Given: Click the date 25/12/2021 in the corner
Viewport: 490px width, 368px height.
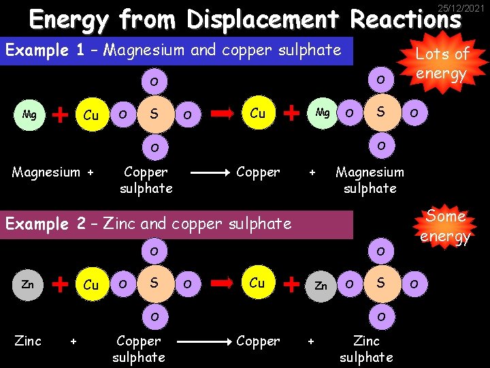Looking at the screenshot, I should pos(461,7).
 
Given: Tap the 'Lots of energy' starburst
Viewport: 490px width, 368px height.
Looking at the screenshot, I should pos(442,63).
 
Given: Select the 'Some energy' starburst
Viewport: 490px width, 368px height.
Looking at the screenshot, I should pos(446,226).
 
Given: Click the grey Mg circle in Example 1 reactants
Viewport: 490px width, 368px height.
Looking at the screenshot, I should pos(29,114).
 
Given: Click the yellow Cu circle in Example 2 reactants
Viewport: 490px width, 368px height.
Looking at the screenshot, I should pos(91,285).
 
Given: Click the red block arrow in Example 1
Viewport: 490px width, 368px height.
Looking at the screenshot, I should pos(222,114).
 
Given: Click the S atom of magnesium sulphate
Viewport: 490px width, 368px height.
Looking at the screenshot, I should pos(381,112).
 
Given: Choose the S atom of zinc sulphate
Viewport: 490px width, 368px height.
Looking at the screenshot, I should pos(381,283).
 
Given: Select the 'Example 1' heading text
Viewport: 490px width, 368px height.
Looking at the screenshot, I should pos(37,50).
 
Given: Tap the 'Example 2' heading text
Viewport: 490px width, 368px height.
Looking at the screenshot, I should pos(37,224).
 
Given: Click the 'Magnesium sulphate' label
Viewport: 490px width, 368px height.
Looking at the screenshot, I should pos(370,180).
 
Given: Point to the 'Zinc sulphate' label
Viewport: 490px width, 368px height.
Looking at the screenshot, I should pos(366,348).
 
